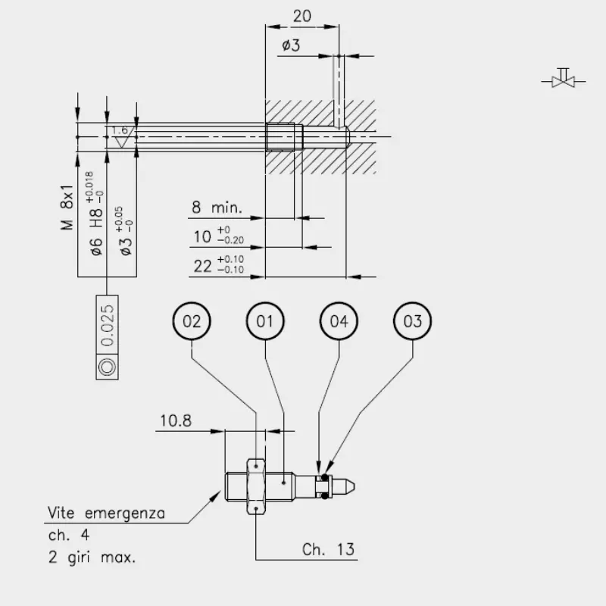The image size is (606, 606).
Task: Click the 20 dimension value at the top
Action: click(x=301, y=16)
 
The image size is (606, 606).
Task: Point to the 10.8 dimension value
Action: click(x=176, y=421)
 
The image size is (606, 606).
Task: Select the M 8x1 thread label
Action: click(x=67, y=207)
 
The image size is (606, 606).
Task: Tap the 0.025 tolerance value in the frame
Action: click(x=107, y=325)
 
